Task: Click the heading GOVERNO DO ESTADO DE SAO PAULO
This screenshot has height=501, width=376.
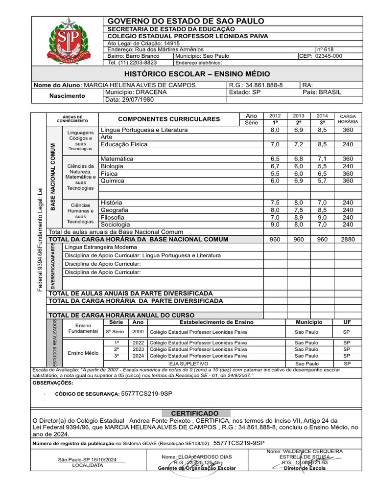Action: click(179, 21)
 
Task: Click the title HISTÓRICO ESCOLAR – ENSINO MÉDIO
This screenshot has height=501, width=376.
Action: click(197, 74)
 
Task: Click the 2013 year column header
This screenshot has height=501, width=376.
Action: click(299, 115)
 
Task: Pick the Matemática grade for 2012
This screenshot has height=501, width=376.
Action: click(275, 159)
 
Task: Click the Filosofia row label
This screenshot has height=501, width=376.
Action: click(112, 217)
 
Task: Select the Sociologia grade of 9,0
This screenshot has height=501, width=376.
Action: click(275, 225)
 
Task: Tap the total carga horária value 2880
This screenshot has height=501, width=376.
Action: click(348, 239)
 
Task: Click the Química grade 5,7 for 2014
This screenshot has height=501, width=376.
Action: click(322, 181)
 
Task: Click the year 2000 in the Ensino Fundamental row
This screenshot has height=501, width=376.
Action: click(138, 332)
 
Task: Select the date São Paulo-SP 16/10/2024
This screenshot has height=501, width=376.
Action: click(87, 460)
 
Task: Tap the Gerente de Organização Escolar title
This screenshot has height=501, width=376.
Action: click(196, 468)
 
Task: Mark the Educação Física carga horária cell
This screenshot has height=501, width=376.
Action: click(348, 145)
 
